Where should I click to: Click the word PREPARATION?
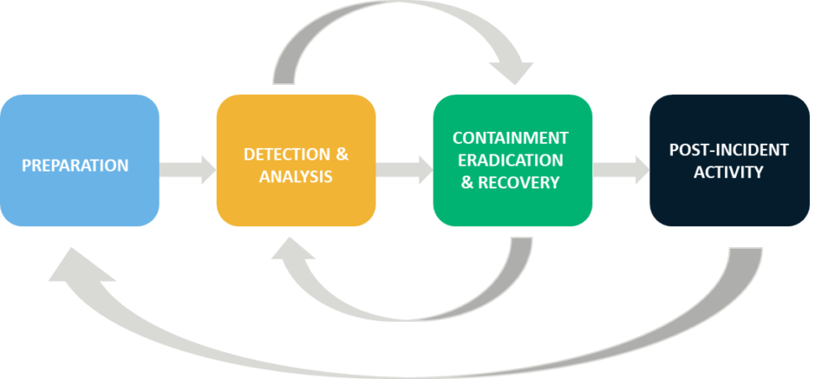point(75,165)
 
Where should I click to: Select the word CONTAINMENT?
point(511,138)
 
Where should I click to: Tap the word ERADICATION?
point(511,160)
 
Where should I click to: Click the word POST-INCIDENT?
point(728,150)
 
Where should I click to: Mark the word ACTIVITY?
point(728,172)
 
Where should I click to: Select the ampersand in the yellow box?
point(341,155)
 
